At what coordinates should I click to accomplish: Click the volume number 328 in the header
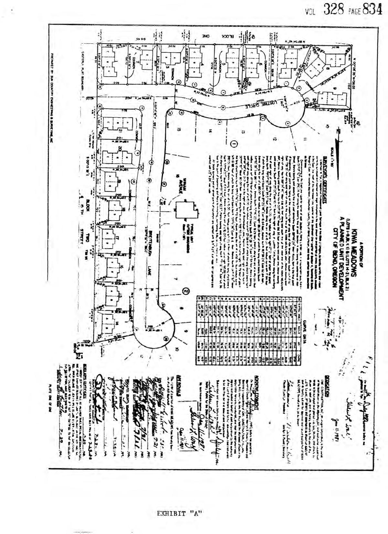[x=333, y=10]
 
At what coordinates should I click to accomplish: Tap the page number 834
[x=372, y=10]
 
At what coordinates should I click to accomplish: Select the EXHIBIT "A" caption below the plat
[x=180, y=513]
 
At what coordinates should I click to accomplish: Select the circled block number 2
[x=186, y=291]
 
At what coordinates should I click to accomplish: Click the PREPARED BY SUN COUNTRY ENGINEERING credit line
[x=52, y=97]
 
